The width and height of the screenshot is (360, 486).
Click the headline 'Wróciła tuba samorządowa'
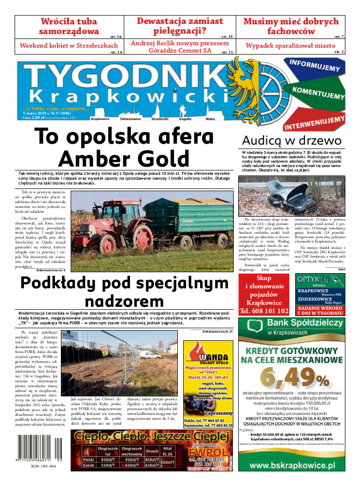coord(69,27)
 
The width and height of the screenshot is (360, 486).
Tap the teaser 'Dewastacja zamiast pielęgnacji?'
coord(180,27)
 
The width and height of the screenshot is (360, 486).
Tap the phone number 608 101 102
coord(265,310)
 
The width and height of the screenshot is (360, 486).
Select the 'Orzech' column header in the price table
coord(152,451)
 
